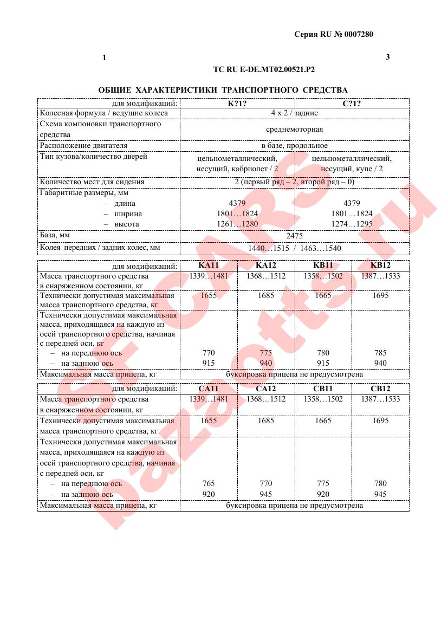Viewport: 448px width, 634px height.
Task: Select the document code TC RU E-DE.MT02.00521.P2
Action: coord(264,69)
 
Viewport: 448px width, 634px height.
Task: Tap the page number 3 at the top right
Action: coord(387,57)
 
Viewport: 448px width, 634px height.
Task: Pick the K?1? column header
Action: coord(237,103)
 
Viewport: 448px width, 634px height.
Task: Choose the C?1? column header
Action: coord(352,103)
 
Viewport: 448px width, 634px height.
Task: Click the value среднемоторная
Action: coord(294,129)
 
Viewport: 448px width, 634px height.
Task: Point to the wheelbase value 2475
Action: coord(294,236)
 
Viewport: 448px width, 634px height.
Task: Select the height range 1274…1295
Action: coord(352,224)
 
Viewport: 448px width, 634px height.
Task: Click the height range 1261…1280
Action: coord(237,224)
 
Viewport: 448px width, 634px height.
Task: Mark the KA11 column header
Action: coord(209,265)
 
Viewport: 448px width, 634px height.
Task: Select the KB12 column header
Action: coord(380,265)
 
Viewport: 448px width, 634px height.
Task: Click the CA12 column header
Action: coord(265,389)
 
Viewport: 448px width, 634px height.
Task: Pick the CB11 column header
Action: coord(323,389)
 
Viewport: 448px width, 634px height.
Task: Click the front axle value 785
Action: coord(380,353)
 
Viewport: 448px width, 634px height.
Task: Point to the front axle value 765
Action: coord(209,483)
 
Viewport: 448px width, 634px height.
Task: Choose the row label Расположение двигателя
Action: coord(83,145)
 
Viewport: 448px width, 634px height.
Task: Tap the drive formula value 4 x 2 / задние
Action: coord(294,113)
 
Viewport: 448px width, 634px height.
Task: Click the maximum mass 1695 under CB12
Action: coord(380,420)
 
